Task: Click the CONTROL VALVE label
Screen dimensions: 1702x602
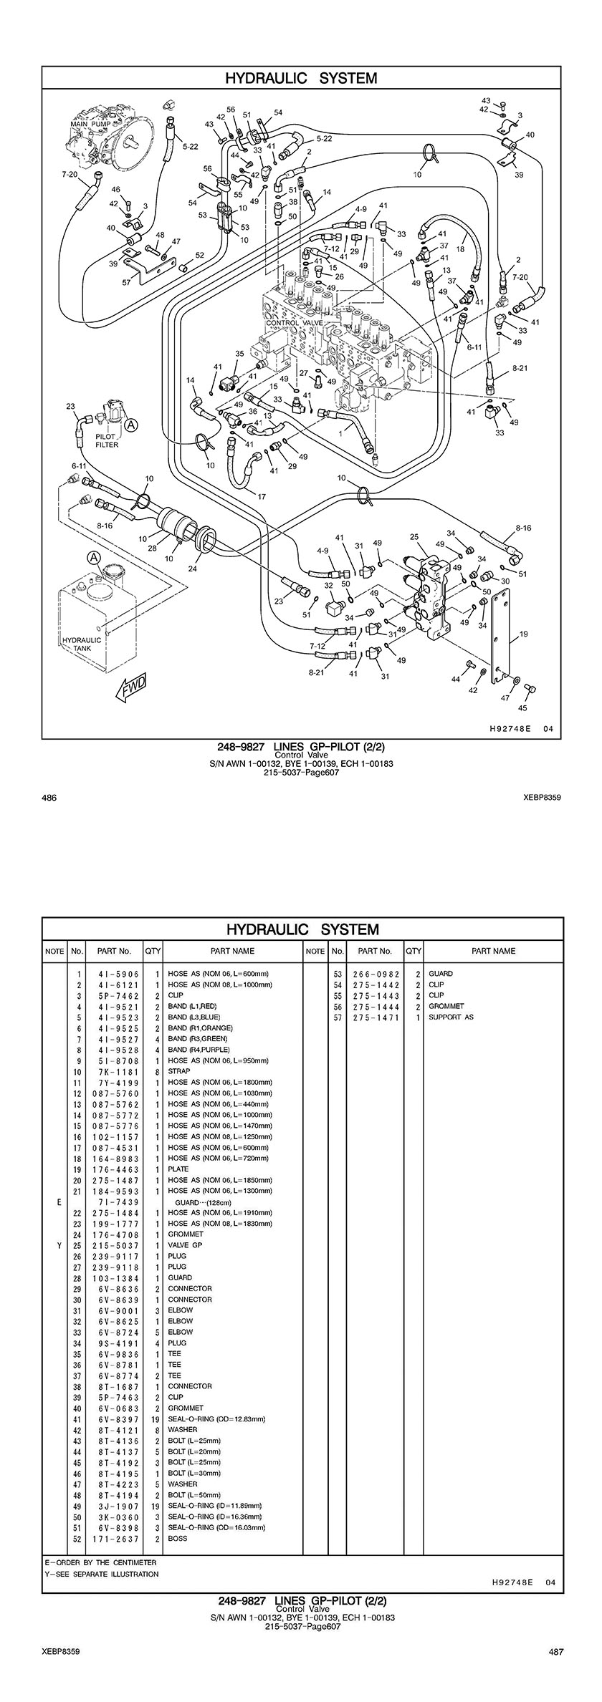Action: point(295,324)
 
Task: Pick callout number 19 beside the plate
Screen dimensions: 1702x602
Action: point(524,634)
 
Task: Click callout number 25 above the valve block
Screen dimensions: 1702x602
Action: point(414,536)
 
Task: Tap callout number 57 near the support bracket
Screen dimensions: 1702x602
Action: point(126,283)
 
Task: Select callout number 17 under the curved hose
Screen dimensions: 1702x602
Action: point(262,496)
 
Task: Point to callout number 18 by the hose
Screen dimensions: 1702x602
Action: point(460,249)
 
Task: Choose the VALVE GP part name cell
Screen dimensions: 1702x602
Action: point(185,1244)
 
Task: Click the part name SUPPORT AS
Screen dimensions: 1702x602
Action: point(451,1017)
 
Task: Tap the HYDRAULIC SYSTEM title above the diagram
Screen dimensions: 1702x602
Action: point(301,78)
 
